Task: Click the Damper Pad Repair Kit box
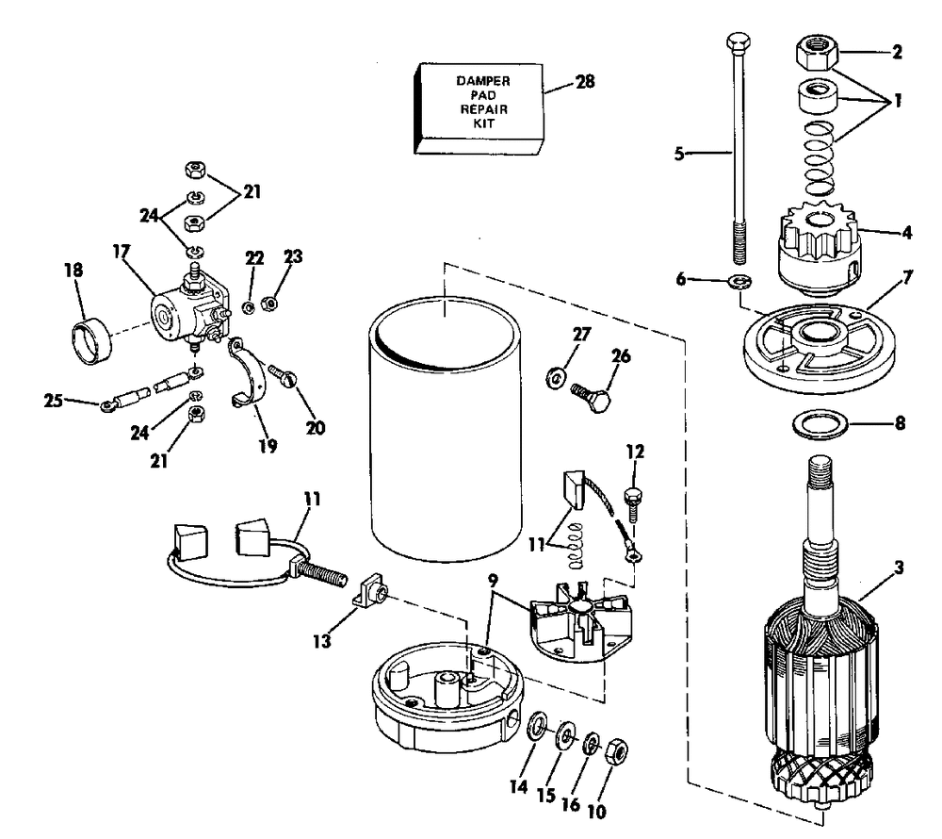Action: (x=479, y=108)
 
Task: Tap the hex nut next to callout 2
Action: (x=817, y=53)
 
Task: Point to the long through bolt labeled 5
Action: (x=739, y=149)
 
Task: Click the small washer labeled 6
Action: (x=740, y=281)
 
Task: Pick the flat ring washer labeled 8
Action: (x=820, y=424)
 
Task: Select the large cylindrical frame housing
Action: (x=446, y=429)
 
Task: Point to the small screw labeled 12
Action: (x=633, y=504)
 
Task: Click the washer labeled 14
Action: (x=537, y=727)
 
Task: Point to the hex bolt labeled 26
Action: (x=591, y=396)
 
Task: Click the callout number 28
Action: (x=585, y=81)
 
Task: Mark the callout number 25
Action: (x=53, y=400)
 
